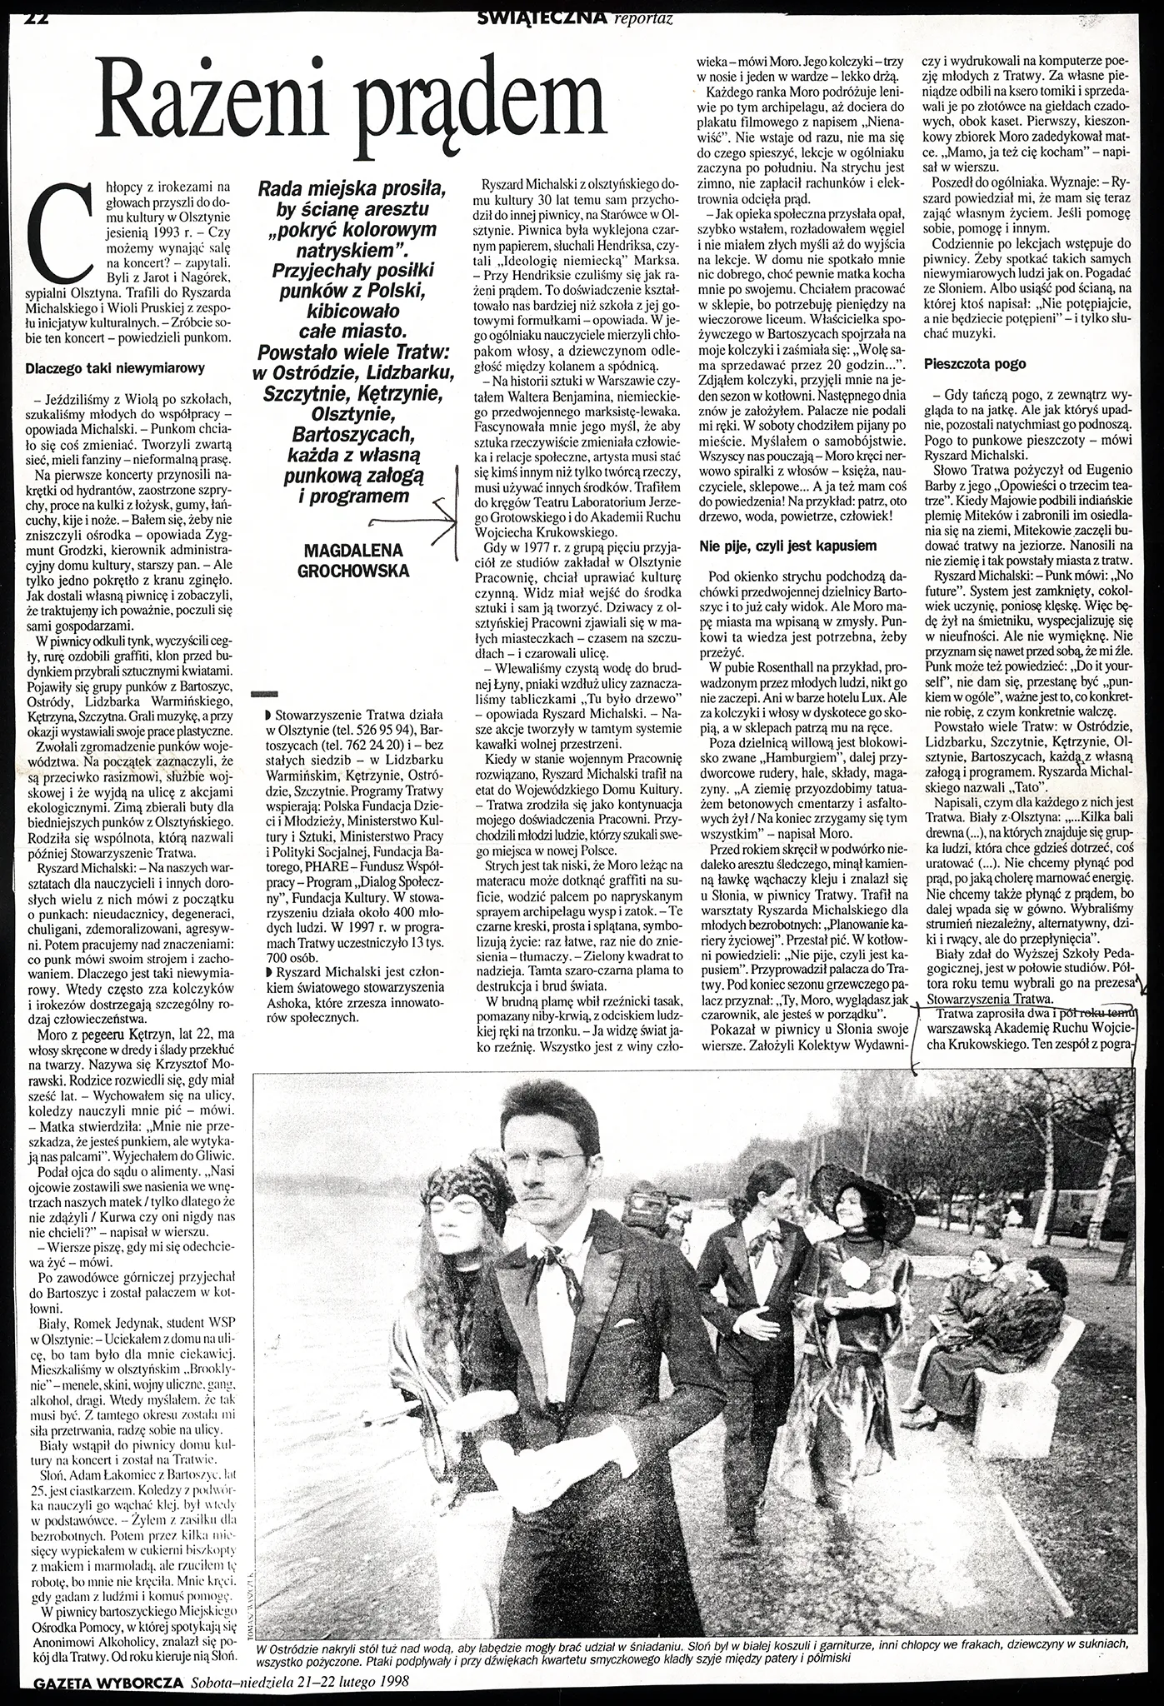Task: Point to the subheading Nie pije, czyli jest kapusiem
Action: click(x=787, y=546)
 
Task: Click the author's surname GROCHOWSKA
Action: click(x=354, y=571)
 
